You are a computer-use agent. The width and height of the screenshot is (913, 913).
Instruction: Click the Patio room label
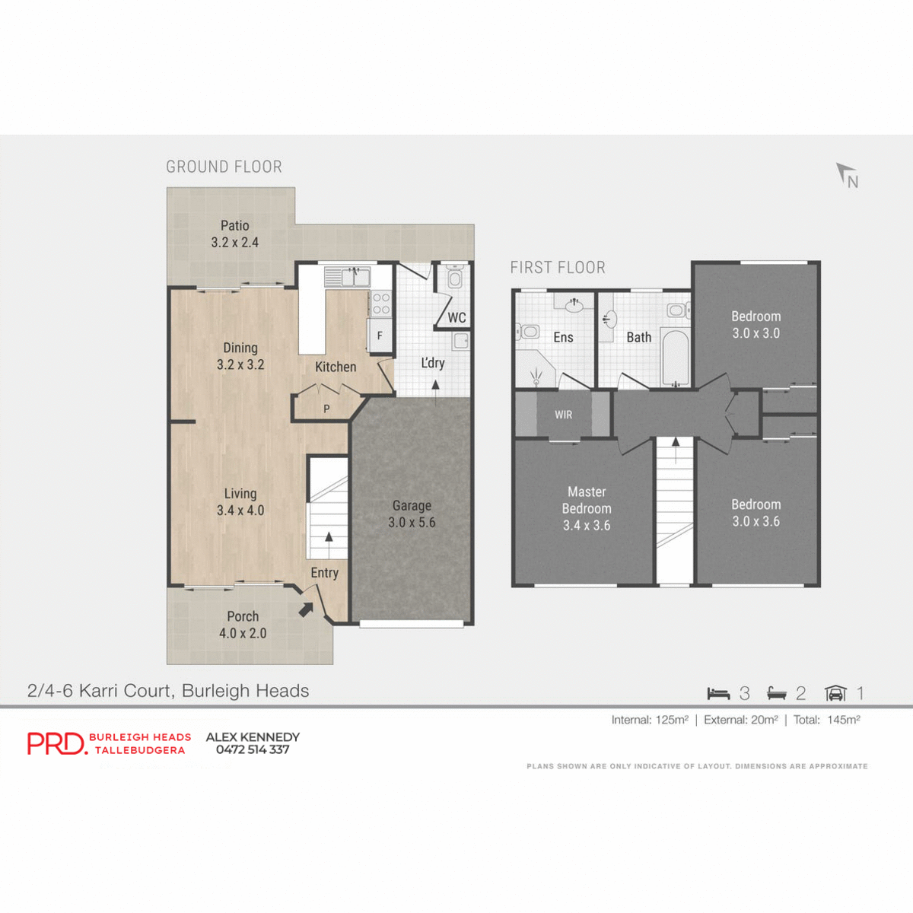pyautogui.click(x=234, y=226)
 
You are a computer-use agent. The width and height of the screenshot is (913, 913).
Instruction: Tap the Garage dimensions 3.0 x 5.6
pyautogui.click(x=412, y=523)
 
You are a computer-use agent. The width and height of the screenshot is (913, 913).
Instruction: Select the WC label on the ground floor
pyautogui.click(x=456, y=318)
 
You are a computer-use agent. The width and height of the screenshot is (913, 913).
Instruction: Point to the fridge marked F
pyautogui.click(x=380, y=336)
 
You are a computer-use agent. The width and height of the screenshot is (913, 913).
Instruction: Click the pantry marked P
pyautogui.click(x=326, y=409)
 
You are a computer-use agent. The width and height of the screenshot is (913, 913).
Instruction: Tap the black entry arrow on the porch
pyautogui.click(x=306, y=609)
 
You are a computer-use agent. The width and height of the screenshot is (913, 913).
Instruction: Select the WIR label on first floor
pyautogui.click(x=563, y=415)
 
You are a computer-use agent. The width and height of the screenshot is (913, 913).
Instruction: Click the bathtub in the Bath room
pyautogui.click(x=675, y=357)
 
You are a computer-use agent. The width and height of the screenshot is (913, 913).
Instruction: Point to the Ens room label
pyautogui.click(x=563, y=337)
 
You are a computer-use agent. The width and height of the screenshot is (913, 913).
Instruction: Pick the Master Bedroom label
pyautogui.click(x=587, y=500)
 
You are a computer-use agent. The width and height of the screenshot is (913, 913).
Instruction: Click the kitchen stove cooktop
pyautogui.click(x=380, y=304)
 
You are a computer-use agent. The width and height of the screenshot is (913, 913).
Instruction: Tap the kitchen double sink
pyautogui.click(x=348, y=276)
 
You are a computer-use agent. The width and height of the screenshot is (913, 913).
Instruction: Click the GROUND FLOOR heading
pyautogui.click(x=224, y=167)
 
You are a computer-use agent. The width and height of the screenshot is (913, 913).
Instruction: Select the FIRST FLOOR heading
pyautogui.click(x=558, y=268)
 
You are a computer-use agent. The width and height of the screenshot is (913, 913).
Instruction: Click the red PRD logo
pyautogui.click(x=57, y=743)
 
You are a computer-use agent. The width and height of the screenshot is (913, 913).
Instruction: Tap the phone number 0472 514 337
pyautogui.click(x=253, y=750)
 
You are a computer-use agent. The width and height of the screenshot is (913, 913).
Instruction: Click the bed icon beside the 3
pyautogui.click(x=718, y=693)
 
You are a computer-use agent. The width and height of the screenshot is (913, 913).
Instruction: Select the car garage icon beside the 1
pyautogui.click(x=835, y=693)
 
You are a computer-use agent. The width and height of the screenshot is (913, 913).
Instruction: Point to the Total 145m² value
pyautogui.click(x=843, y=720)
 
